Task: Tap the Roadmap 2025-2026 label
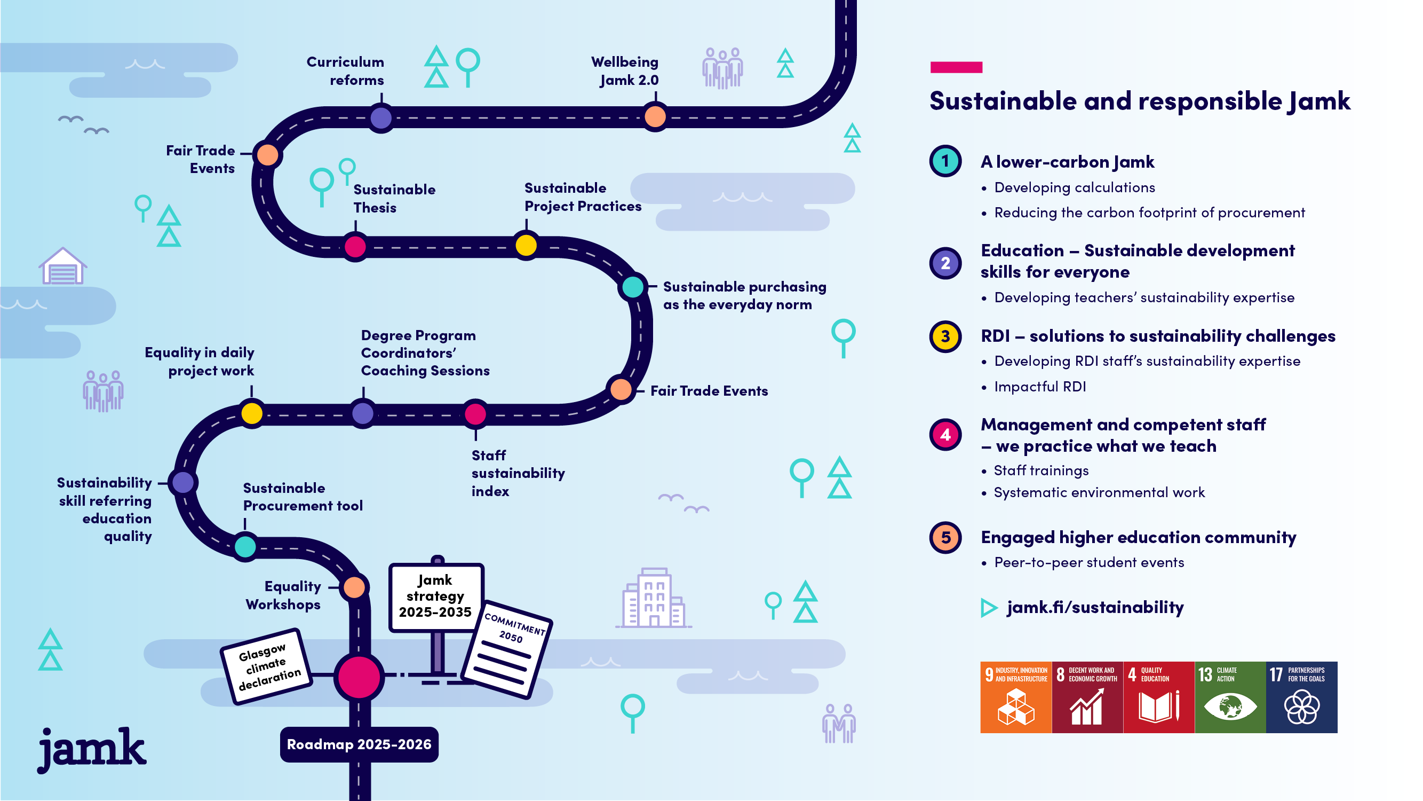359,744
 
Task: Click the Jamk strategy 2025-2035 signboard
436,596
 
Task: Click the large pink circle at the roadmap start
359,677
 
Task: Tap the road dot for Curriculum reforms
381,117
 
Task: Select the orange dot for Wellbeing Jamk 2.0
655,117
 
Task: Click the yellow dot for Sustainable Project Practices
526,246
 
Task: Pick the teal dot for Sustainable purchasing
633,287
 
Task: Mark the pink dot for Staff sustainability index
475,413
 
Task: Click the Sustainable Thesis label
394,199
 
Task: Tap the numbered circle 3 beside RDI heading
945,336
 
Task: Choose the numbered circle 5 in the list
945,537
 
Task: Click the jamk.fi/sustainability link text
1095,608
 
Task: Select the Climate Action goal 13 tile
1230,697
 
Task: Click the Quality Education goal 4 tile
1158,697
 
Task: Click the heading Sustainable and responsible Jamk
1139,101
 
